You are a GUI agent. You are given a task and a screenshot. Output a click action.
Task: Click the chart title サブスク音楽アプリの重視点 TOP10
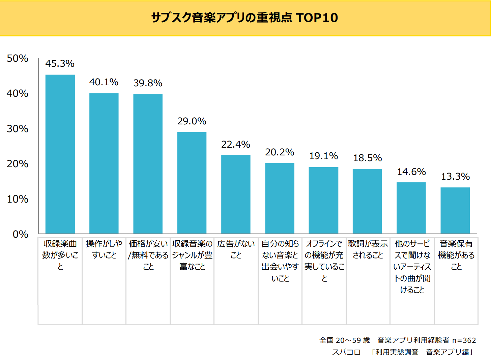click(x=244, y=18)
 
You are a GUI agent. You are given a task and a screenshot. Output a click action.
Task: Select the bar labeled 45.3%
click(x=60, y=154)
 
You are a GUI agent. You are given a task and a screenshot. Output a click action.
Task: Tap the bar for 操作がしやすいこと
click(x=104, y=163)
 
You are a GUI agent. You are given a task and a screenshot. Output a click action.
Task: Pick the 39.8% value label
click(x=148, y=83)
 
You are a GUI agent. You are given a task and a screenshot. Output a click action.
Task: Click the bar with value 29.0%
click(x=192, y=182)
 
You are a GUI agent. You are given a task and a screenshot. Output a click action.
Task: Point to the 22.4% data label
click(x=235, y=144)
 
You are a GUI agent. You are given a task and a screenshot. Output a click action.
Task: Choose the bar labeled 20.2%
click(x=280, y=198)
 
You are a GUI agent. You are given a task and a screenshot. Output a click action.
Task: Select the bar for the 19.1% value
click(x=323, y=200)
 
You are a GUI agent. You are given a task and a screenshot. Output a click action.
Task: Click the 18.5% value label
click(x=367, y=158)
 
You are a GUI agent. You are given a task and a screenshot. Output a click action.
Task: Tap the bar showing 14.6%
click(x=411, y=208)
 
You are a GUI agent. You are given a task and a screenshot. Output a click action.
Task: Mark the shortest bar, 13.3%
click(x=455, y=210)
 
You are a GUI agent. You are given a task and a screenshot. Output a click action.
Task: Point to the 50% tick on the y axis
click(x=18, y=58)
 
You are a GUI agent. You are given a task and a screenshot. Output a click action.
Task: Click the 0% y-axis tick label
click(x=20, y=234)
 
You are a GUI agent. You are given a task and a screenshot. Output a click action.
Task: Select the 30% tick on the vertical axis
click(x=18, y=129)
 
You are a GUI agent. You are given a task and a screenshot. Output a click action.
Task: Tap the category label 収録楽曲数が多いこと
click(x=60, y=255)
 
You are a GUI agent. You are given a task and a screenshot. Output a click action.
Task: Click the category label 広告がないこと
click(x=236, y=249)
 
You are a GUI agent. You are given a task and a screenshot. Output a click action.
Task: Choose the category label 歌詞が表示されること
click(x=368, y=249)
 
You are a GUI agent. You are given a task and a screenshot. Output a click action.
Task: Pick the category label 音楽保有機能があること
click(x=456, y=255)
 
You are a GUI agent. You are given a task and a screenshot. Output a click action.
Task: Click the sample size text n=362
click(x=464, y=340)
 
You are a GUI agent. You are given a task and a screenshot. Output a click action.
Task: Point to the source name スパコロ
click(x=346, y=352)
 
